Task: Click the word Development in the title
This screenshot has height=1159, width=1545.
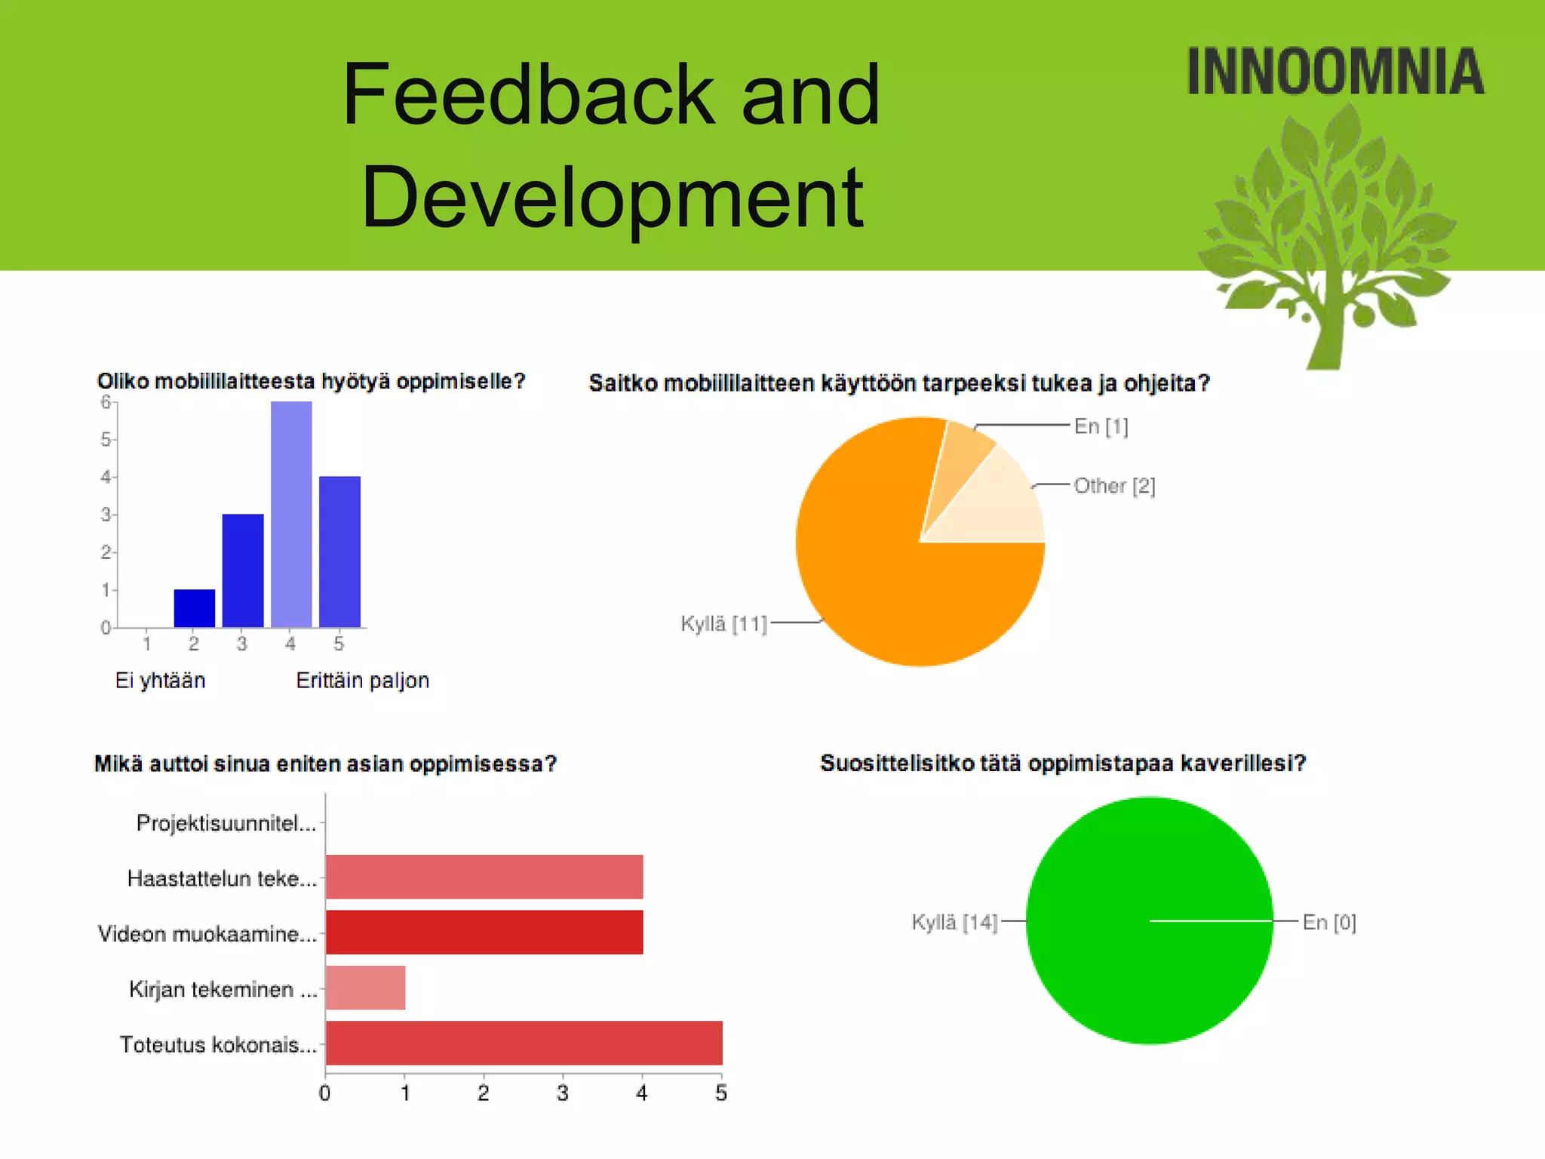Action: point(612,198)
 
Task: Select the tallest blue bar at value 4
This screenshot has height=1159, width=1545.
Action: point(291,514)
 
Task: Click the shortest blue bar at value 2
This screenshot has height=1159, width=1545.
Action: point(195,608)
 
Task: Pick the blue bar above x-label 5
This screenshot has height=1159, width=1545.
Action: point(339,552)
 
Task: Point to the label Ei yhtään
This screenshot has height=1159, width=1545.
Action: point(160,681)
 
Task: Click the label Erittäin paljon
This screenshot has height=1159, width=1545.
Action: point(362,681)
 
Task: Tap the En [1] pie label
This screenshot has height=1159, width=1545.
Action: point(1101,426)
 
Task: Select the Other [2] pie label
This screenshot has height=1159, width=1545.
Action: point(1113,486)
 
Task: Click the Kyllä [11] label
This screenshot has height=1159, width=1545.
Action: point(723,623)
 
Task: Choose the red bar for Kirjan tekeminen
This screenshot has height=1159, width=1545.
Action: point(366,988)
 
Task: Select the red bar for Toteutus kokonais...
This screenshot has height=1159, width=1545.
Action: point(524,1043)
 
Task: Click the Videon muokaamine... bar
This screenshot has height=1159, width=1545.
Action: point(484,932)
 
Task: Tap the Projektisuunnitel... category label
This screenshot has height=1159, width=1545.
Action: point(226,823)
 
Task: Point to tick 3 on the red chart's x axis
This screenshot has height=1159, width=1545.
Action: point(562,1093)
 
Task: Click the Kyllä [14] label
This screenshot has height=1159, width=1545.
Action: point(954,922)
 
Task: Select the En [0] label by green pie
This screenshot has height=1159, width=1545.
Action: point(1328,922)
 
